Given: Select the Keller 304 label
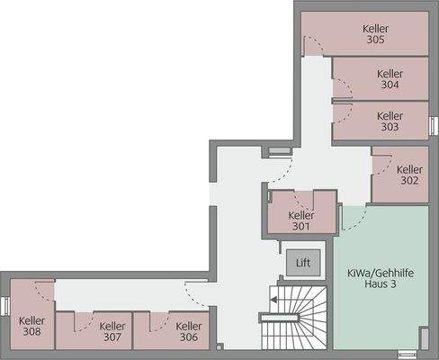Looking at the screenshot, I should click(x=390, y=79).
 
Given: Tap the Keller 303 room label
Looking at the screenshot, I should click(x=390, y=121).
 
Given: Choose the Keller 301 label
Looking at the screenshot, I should click(x=301, y=220).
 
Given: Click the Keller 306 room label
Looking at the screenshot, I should click(x=188, y=332).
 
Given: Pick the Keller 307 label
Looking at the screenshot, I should click(x=112, y=332).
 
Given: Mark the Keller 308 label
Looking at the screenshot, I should click(x=31, y=326).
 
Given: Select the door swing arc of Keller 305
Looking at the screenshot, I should click(x=312, y=45).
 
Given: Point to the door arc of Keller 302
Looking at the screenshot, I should click(x=381, y=162).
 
